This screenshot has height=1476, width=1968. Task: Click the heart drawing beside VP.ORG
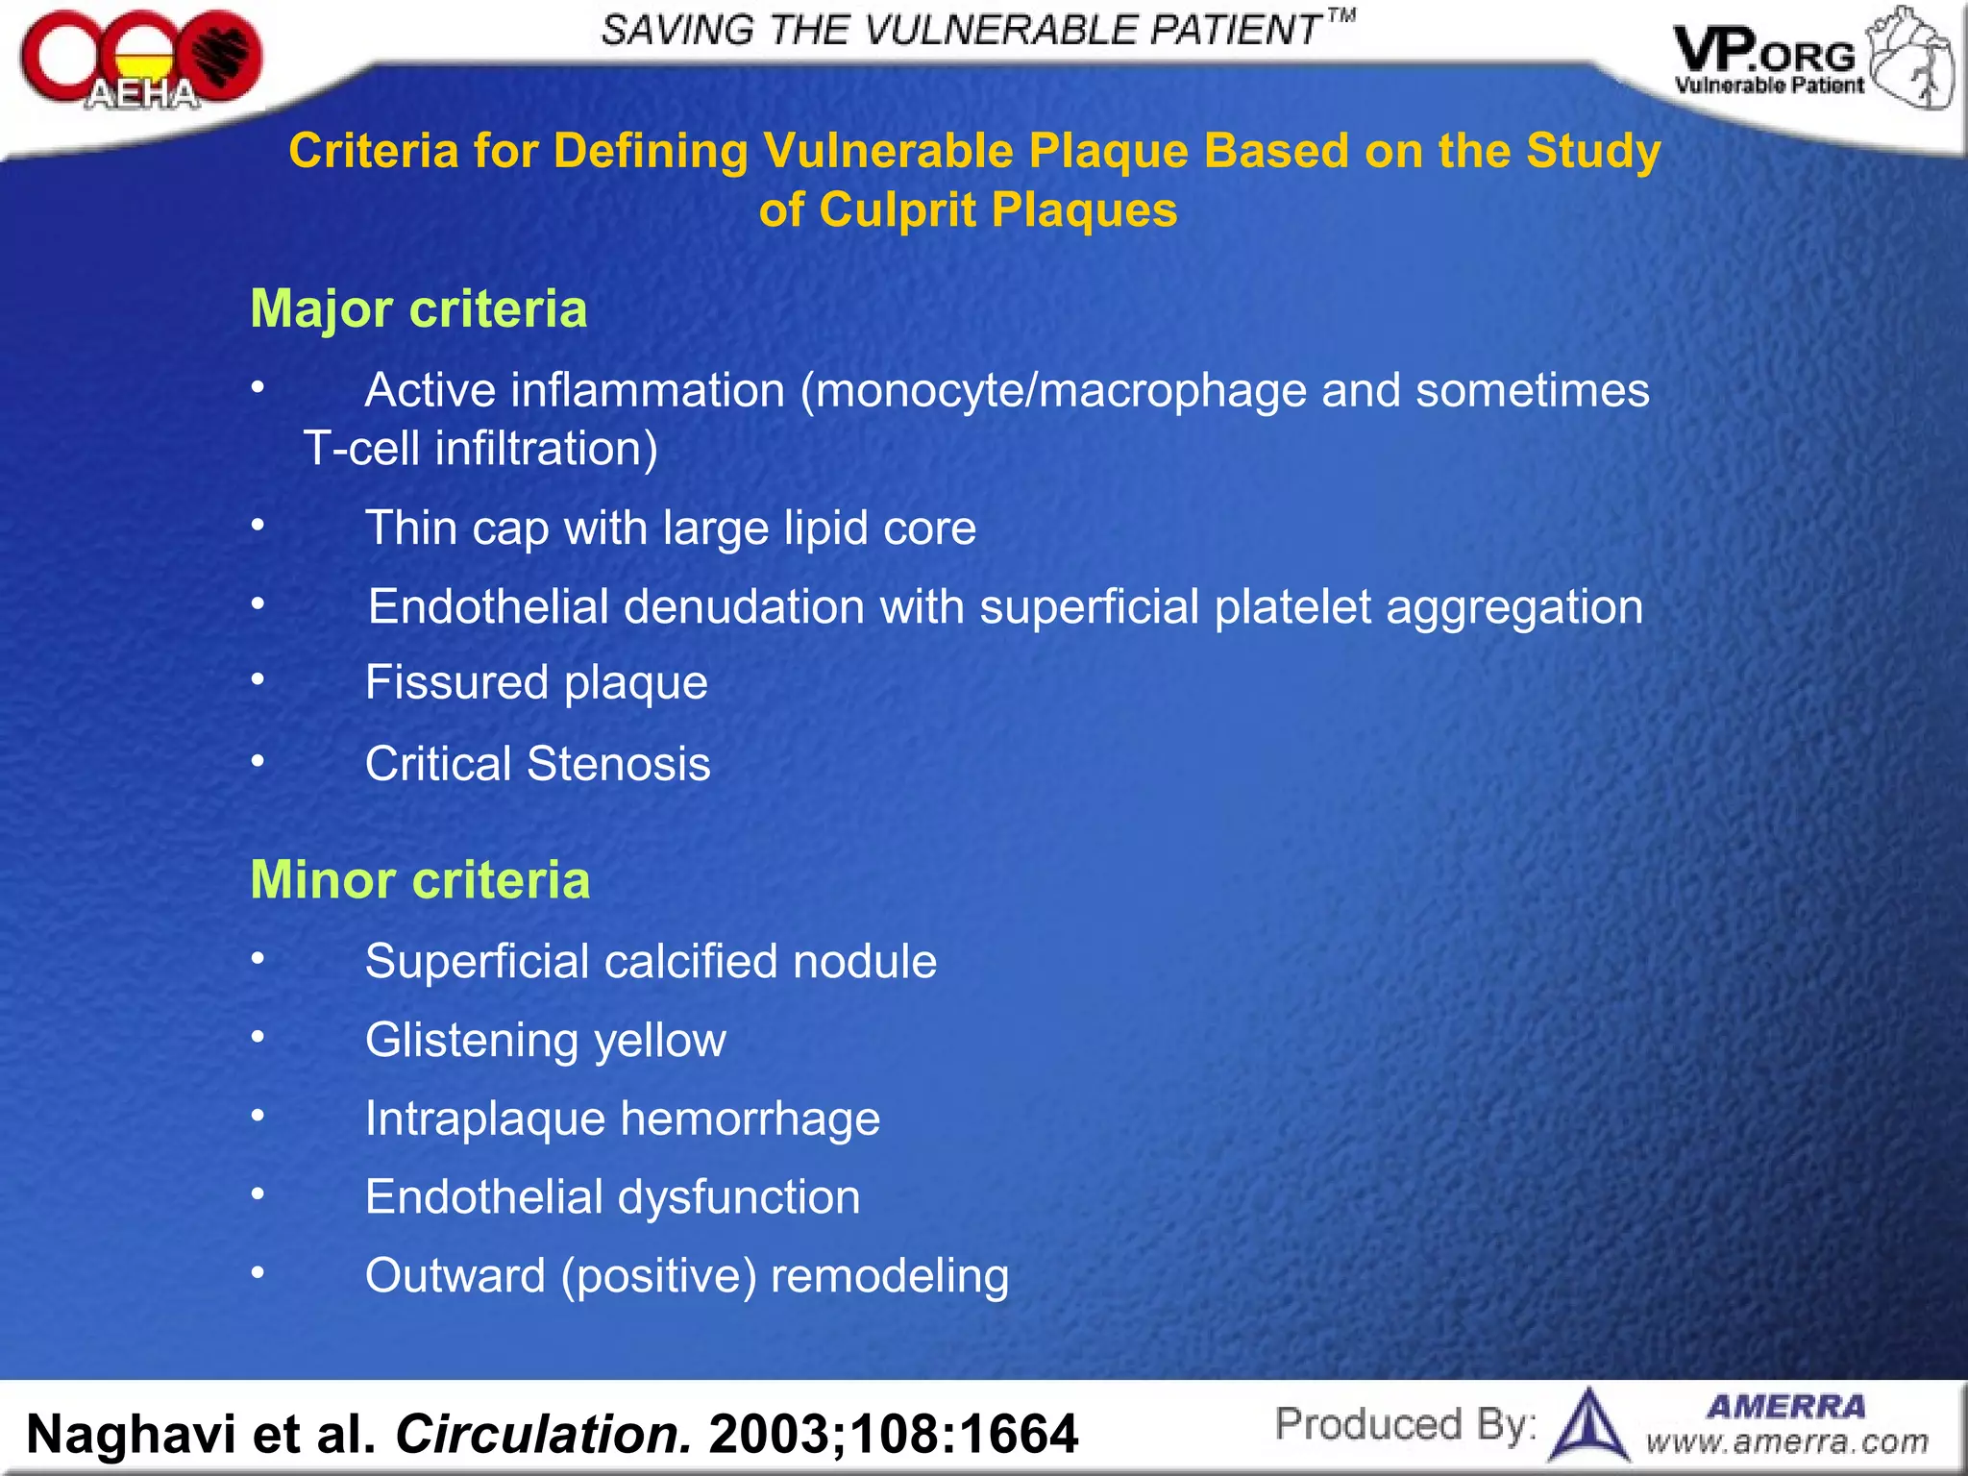tap(1910, 60)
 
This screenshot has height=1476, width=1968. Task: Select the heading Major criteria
tap(418, 309)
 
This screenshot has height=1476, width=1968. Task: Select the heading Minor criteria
tap(420, 880)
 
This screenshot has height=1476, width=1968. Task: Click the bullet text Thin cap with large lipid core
tap(670, 529)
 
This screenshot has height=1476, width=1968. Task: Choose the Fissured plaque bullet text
tap(536, 683)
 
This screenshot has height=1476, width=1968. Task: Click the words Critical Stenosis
tap(537, 765)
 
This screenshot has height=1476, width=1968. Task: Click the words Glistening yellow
tap(545, 1041)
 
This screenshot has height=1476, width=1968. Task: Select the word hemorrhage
tap(750, 1119)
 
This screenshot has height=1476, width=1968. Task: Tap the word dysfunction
tap(738, 1198)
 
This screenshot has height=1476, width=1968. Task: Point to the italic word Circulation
tap(543, 1434)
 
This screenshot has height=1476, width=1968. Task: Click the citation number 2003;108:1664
tap(893, 1434)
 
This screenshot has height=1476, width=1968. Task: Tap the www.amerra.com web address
tap(1786, 1441)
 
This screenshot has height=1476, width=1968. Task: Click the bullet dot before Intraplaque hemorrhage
tap(258, 1116)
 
